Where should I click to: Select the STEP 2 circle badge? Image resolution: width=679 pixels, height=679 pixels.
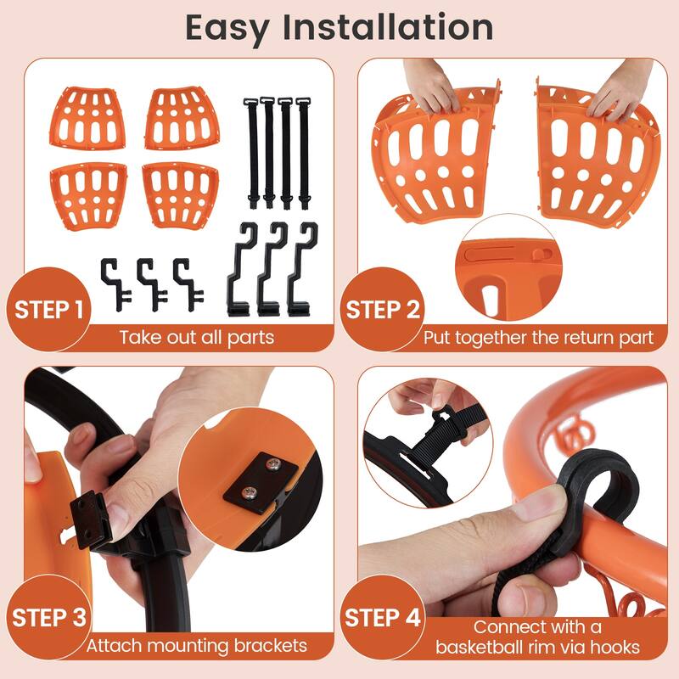[x=383, y=310]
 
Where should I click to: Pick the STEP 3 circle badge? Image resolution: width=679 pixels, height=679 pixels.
[x=50, y=617]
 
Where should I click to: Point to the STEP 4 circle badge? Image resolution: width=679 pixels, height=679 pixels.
[x=383, y=617]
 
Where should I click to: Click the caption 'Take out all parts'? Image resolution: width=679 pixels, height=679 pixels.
[x=196, y=337]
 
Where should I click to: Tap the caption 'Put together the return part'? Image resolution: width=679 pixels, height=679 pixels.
[x=539, y=337]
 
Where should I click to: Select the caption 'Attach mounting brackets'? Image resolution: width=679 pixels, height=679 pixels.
[x=196, y=645]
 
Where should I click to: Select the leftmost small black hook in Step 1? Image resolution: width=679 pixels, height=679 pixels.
[x=114, y=281]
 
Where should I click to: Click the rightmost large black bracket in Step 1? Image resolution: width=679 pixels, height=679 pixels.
[x=303, y=267]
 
